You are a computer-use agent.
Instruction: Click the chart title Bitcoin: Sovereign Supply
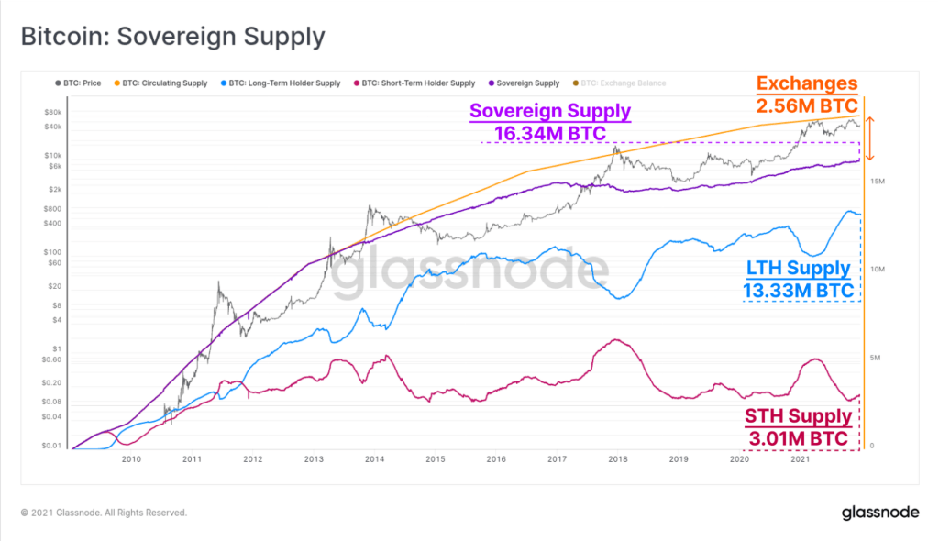point(172,37)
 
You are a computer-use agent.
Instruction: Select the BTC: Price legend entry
point(81,83)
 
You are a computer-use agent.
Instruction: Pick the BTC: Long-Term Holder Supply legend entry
point(279,83)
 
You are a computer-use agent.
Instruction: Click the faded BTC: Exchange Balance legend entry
point(624,83)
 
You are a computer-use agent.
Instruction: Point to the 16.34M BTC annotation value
point(550,134)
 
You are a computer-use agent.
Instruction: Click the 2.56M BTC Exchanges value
point(807,105)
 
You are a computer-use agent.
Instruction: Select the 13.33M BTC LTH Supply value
point(799,291)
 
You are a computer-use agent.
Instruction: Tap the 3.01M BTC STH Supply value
point(799,438)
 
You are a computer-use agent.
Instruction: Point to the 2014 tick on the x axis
point(374,459)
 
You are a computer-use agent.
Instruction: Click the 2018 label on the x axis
point(617,459)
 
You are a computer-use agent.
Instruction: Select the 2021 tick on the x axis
point(800,459)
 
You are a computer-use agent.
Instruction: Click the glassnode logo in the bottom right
point(881,513)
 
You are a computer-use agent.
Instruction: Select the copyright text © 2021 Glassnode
point(104,513)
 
